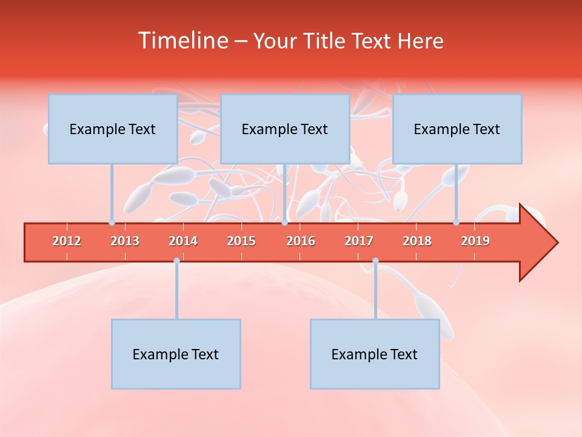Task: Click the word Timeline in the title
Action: click(181, 41)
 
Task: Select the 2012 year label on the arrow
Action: click(67, 241)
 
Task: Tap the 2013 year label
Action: click(125, 241)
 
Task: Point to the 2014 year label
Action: click(183, 241)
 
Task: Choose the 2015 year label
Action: click(241, 241)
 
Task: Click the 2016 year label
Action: click(301, 241)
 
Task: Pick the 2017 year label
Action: click(359, 241)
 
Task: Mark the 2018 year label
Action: click(417, 241)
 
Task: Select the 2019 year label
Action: click(475, 241)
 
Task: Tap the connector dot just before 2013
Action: click(112, 223)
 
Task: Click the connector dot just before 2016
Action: click(284, 223)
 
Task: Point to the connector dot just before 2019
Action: click(456, 223)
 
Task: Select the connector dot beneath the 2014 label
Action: click(176, 261)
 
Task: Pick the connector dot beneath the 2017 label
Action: click(375, 261)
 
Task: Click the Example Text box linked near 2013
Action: click(113, 129)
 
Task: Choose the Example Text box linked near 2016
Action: click(285, 129)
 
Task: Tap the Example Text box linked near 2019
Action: click(457, 129)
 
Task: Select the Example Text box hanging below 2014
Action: click(176, 354)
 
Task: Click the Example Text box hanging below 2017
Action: click(375, 354)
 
